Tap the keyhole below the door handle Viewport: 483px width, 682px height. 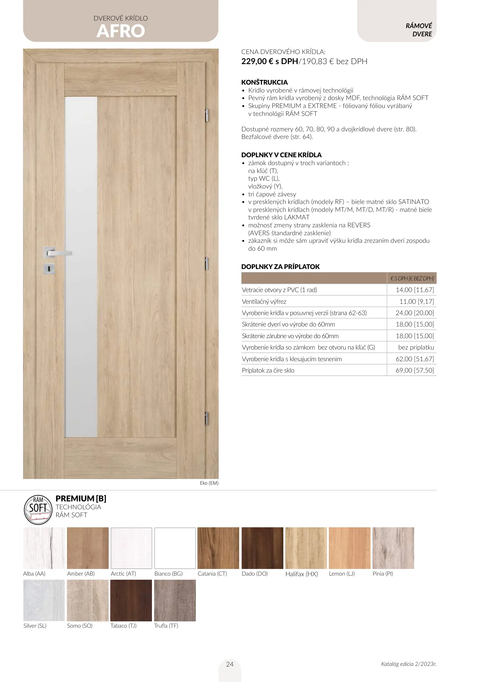tap(49, 269)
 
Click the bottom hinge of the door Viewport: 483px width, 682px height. tap(207, 418)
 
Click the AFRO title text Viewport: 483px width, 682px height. tap(121, 31)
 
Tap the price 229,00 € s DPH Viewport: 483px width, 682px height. tap(269, 61)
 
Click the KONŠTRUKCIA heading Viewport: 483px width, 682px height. tap(264, 82)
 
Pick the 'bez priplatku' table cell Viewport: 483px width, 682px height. tap(416, 347)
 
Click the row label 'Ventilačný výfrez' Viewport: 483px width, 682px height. tap(264, 302)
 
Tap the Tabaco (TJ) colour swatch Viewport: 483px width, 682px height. tap(131, 600)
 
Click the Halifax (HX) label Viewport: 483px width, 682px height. tap(301, 574)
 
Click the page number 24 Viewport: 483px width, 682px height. tap(230, 664)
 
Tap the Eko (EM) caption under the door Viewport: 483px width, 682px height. tap(209, 483)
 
